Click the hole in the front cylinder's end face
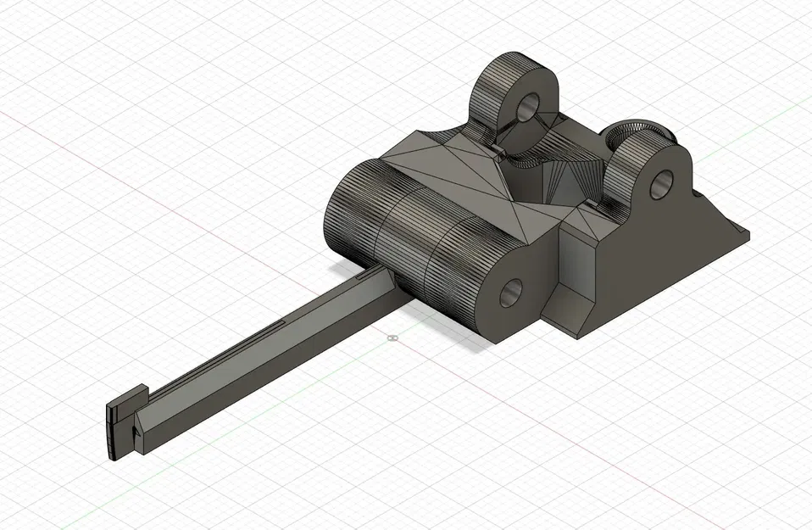click(513, 293)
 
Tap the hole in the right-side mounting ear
click(661, 183)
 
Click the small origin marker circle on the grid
click(391, 338)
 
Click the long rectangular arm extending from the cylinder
click(254, 356)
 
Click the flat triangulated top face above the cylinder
click(458, 170)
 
